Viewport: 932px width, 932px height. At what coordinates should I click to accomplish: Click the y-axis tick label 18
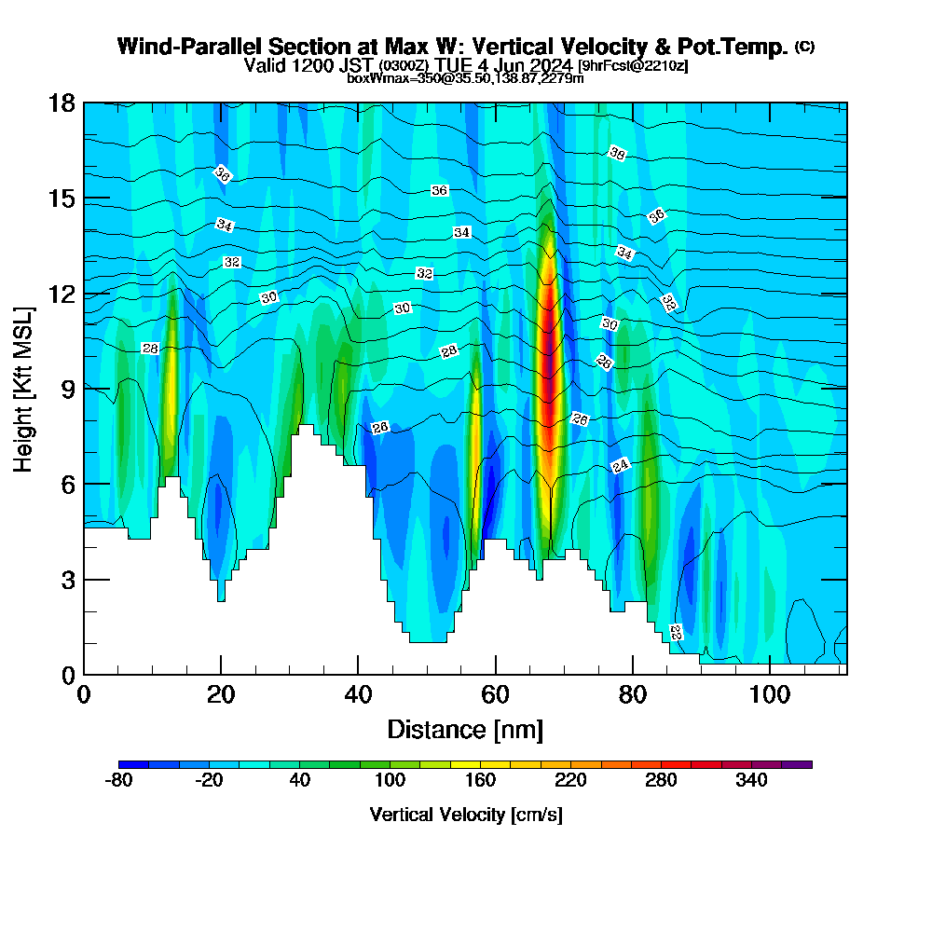point(62,103)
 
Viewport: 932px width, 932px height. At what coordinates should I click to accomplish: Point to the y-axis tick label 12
point(62,295)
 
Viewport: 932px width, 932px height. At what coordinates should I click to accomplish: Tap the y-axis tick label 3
point(68,580)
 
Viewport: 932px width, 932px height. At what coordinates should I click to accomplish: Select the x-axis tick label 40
point(358,695)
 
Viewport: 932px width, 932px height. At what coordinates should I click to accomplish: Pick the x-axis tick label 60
point(496,695)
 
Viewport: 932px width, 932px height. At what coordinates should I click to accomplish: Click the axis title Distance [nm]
point(465,728)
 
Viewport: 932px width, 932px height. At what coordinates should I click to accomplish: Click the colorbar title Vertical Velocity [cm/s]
point(466,815)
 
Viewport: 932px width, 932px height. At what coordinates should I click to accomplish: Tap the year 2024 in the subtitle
point(552,65)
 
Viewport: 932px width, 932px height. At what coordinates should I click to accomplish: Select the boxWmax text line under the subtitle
point(465,78)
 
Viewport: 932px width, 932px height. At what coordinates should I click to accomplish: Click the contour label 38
point(616,153)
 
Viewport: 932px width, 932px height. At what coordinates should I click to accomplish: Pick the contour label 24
point(621,465)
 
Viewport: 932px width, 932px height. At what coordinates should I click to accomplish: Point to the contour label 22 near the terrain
point(676,633)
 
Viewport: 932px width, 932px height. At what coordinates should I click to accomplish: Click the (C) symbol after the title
point(804,46)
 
